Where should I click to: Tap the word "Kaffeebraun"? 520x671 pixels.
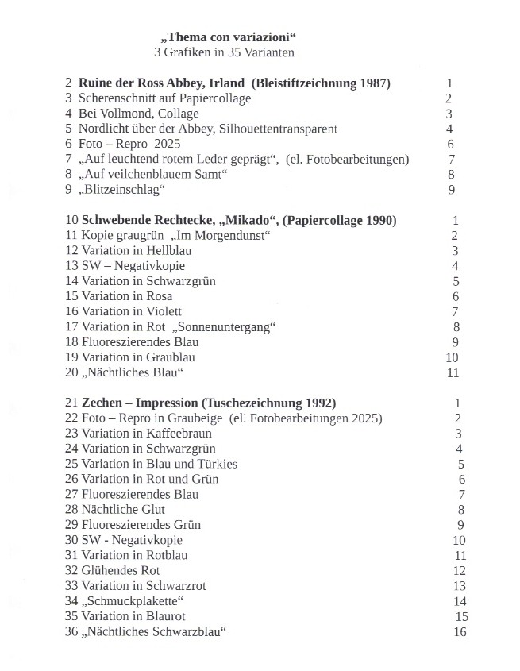(x=179, y=434)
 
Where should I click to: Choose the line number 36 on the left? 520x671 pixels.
(x=71, y=631)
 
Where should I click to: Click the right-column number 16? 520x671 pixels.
(x=460, y=631)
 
